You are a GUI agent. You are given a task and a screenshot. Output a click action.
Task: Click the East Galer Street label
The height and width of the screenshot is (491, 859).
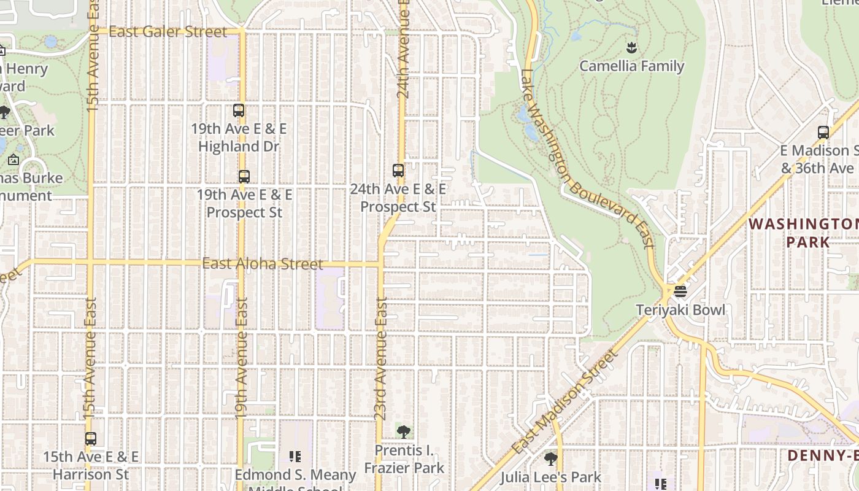(168, 32)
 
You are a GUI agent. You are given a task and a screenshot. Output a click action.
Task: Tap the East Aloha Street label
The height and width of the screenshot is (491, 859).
(263, 264)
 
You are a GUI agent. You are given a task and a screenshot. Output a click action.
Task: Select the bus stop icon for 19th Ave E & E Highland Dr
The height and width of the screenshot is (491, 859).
(239, 111)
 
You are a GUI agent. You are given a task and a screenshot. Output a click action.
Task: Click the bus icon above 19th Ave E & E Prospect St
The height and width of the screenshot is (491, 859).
(244, 177)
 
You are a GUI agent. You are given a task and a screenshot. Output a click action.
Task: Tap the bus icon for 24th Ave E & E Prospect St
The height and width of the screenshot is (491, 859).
(398, 171)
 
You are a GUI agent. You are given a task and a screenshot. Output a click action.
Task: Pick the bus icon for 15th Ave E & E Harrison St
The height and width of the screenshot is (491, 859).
(91, 439)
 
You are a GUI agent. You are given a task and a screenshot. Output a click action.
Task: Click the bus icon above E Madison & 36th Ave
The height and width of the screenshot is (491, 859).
(823, 133)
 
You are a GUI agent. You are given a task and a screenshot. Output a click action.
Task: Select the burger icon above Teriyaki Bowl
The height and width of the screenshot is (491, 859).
(680, 291)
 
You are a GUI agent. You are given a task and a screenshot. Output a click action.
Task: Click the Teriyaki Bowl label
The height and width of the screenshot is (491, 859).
(680, 310)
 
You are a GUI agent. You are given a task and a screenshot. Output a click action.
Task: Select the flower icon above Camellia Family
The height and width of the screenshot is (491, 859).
(631, 47)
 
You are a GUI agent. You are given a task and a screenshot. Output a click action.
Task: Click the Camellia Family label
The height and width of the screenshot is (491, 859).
(632, 66)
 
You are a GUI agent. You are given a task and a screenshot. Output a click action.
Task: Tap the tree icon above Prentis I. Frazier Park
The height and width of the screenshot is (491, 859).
(403, 432)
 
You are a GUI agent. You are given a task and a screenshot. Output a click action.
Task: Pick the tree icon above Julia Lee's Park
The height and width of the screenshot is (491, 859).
(551, 458)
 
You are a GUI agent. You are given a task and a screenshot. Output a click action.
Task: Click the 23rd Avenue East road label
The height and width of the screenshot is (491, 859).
(381, 359)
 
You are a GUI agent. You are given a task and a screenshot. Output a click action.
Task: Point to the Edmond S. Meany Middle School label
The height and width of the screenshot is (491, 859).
(295, 479)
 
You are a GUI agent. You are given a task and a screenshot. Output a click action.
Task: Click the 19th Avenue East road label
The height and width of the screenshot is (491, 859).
(241, 358)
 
